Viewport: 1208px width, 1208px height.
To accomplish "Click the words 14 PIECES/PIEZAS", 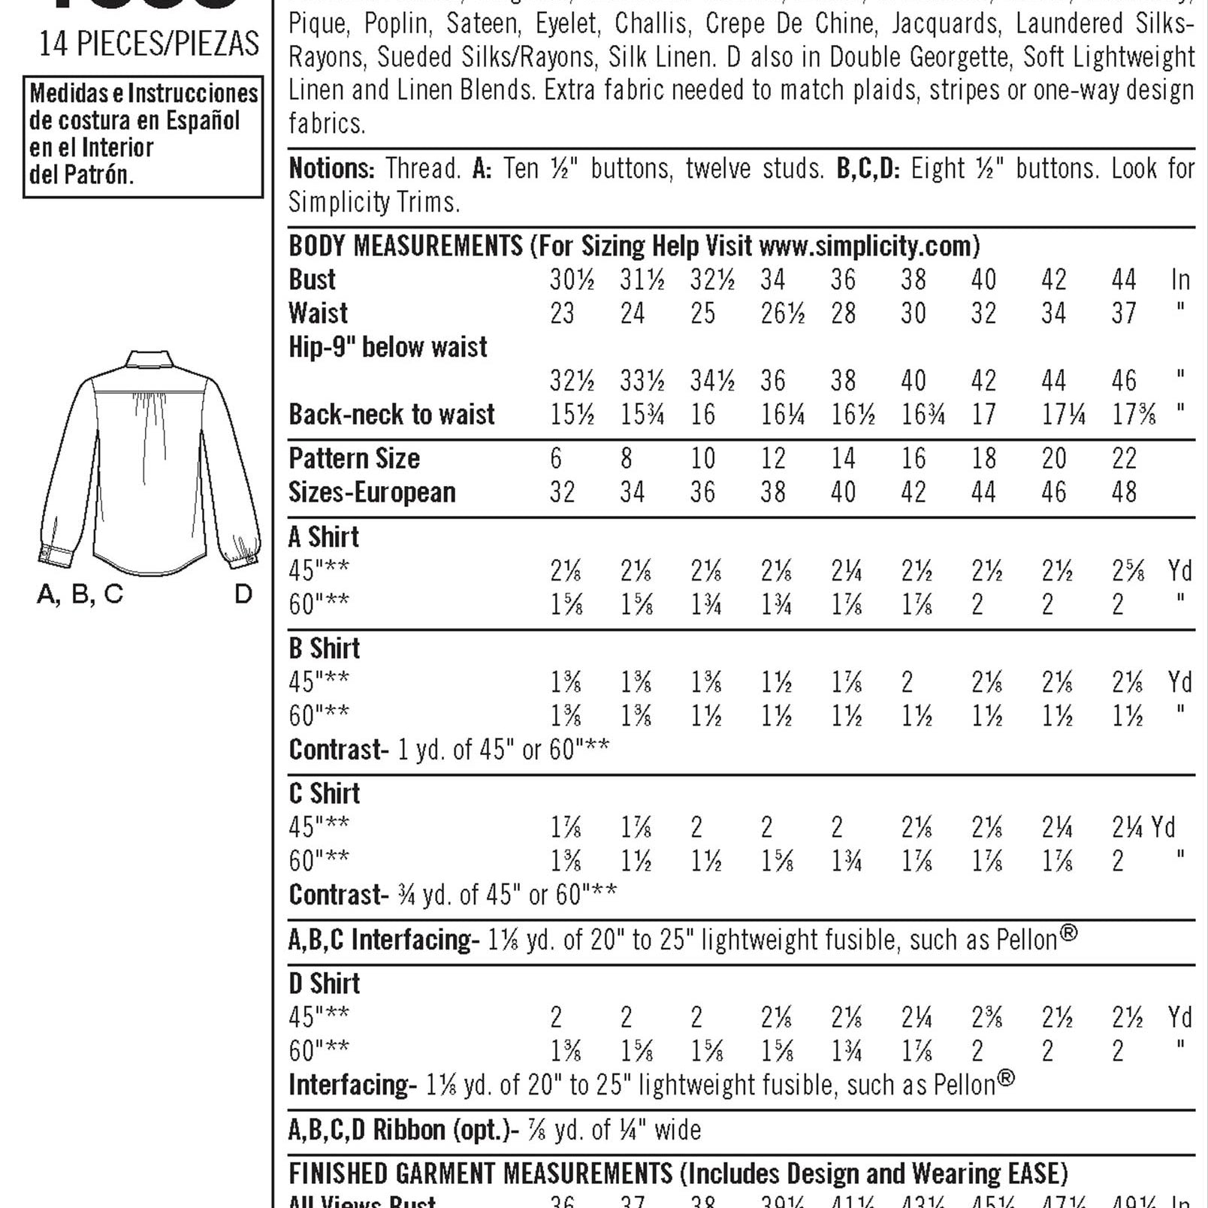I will pyautogui.click(x=149, y=44).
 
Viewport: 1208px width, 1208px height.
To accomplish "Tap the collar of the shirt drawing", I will pyautogui.click(x=149, y=358).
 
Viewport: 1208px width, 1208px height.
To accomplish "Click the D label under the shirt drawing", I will pyautogui.click(x=243, y=594).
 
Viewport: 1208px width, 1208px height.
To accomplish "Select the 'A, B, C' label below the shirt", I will pyautogui.click(x=80, y=594).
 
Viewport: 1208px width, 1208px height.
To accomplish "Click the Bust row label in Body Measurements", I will pyautogui.click(x=312, y=279).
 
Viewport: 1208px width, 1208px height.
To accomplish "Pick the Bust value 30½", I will pyautogui.click(x=572, y=279).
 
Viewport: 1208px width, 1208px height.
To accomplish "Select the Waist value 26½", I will pyautogui.click(x=782, y=313).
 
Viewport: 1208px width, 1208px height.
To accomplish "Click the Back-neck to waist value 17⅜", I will pyautogui.click(x=1133, y=414).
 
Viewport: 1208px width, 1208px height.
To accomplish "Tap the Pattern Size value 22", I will pyautogui.click(x=1124, y=458).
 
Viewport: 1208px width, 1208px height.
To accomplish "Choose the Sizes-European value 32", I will pyautogui.click(x=562, y=492).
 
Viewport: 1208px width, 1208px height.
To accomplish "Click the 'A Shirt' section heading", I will pyautogui.click(x=324, y=537).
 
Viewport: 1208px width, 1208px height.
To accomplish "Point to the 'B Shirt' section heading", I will pyautogui.click(x=325, y=648).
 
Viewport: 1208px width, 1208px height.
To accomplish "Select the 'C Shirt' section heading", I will pyautogui.click(x=325, y=793).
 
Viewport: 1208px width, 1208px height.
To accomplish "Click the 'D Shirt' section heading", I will pyautogui.click(x=325, y=983).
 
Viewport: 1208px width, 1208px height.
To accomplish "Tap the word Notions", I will pyautogui.click(x=331, y=168).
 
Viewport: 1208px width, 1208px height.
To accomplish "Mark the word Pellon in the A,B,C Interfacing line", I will pyautogui.click(x=1026, y=940).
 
